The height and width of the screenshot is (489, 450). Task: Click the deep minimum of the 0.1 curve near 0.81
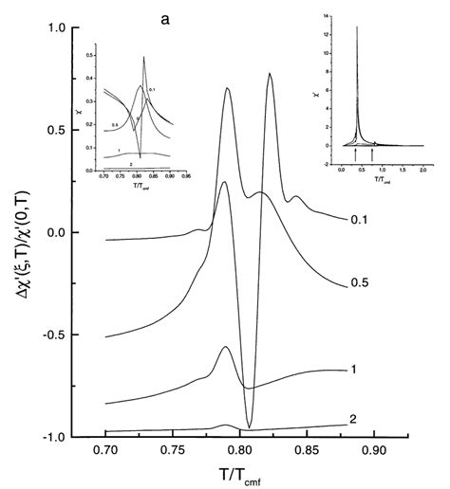(249, 427)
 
